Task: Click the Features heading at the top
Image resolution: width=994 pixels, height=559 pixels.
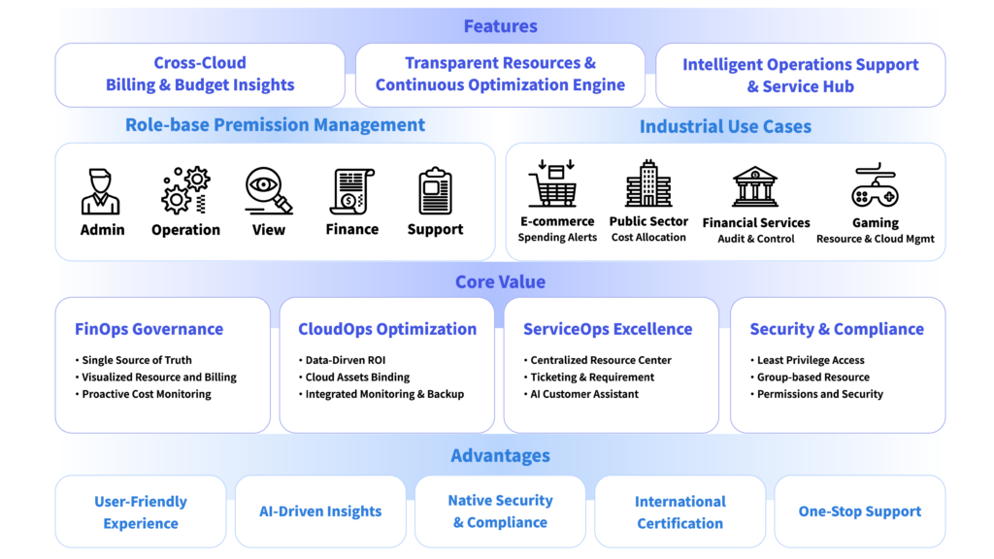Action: coord(500,26)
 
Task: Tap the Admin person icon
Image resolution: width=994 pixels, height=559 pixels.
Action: coord(102,191)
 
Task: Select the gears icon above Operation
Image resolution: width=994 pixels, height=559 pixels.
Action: coord(185,189)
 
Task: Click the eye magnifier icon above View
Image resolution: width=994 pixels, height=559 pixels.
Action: coord(269,190)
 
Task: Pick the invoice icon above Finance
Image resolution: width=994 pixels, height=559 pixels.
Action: coord(351,190)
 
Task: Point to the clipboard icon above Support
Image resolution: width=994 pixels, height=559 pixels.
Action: coord(435,191)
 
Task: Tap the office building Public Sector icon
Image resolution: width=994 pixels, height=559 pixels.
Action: coord(648,183)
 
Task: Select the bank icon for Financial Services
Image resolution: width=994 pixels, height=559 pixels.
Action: coord(756,186)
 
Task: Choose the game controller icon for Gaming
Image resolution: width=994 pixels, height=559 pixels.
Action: coord(875,186)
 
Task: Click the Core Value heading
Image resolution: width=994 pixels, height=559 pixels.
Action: coord(500,282)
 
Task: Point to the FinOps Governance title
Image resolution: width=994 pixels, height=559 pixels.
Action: coord(149,329)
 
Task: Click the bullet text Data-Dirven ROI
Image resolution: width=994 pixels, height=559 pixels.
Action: coord(346,360)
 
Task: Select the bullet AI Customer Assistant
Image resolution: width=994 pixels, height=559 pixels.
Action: coord(584,394)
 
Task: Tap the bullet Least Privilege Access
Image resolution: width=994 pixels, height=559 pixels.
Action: coord(811,360)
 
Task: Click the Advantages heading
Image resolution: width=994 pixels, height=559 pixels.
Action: coord(500,456)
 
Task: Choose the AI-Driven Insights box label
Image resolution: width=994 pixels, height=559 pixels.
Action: coord(320,511)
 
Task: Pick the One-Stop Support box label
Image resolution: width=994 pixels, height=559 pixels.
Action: coord(859,511)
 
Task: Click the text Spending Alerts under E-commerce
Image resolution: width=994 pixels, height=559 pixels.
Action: coord(557,238)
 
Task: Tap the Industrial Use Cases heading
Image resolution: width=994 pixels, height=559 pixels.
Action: coord(725,126)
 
